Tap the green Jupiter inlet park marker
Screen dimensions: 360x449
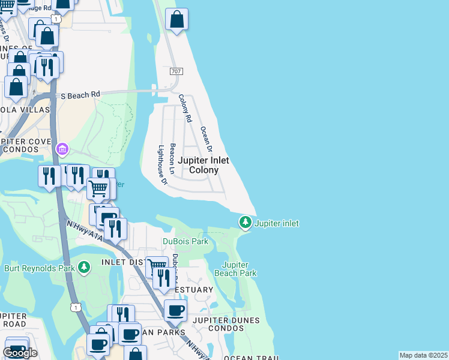coord(245,223)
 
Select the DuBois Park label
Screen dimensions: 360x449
coord(185,241)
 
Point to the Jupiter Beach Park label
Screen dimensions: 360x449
coord(239,269)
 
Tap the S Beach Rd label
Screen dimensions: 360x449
coord(80,95)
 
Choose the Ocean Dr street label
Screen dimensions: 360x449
coord(206,139)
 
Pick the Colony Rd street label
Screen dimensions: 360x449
coord(185,109)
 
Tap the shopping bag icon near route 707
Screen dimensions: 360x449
coord(177,20)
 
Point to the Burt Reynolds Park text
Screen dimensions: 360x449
coord(39,268)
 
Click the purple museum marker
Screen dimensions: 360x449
coord(62,148)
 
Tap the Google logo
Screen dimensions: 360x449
coord(20,353)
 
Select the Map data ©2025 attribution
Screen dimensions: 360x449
coord(423,355)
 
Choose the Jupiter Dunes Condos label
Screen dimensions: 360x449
coord(226,320)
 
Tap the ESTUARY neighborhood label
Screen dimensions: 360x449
coord(194,290)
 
